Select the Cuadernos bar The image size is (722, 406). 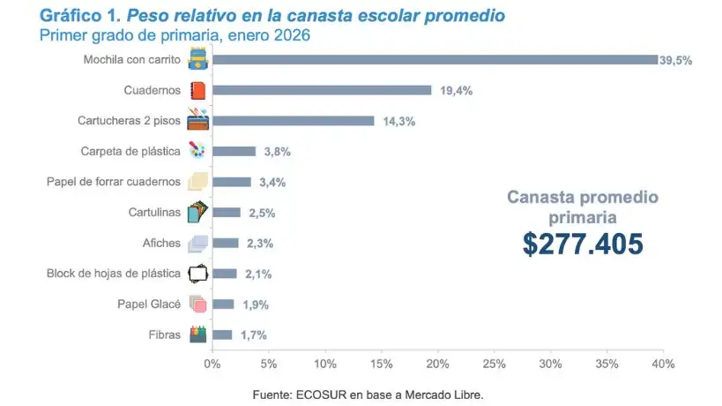click(322, 90)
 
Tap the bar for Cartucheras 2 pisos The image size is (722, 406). click(293, 121)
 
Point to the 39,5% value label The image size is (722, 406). click(676, 60)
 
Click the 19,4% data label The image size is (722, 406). click(453, 90)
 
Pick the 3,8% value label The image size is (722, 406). click(277, 152)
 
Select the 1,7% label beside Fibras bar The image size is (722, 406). click(253, 335)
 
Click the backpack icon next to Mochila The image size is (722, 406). click(197, 60)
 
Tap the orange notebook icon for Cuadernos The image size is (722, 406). click(197, 90)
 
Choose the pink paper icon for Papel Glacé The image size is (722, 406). click(197, 304)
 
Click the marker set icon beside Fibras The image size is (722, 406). click(197, 335)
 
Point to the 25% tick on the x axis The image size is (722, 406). click(495, 364)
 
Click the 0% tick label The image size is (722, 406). click(212, 364)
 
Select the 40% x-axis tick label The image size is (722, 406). click(663, 364)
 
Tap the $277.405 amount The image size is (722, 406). click(583, 243)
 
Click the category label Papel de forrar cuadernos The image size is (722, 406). click(113, 182)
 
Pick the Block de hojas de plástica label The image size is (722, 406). click(113, 274)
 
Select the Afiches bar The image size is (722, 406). click(225, 243)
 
